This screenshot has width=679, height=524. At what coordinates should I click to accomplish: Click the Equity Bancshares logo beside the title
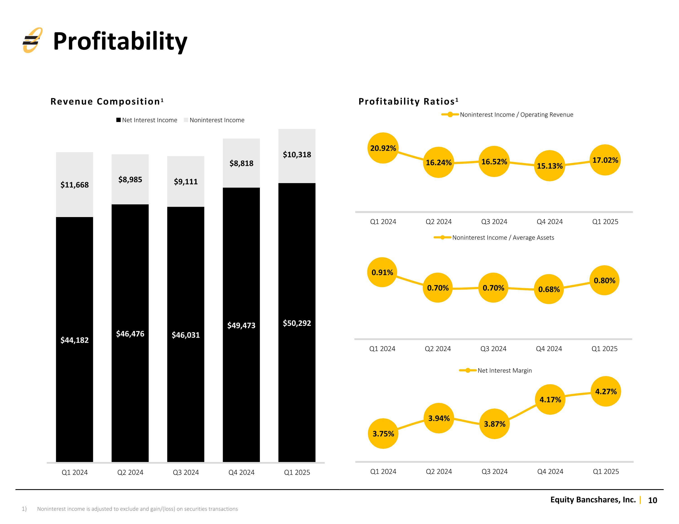pos(32,40)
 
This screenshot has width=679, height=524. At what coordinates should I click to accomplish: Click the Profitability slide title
pos(120,41)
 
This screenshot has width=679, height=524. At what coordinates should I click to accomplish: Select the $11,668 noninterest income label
pos(75,185)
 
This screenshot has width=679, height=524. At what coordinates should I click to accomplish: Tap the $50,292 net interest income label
pos(297,323)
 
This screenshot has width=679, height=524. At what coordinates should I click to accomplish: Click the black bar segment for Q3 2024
pos(186,334)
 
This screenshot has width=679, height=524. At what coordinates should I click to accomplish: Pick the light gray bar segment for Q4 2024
pos(241,163)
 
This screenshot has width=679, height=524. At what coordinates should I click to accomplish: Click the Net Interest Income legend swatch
pos(118,120)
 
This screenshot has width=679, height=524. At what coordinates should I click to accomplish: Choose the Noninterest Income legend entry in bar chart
pos(214,120)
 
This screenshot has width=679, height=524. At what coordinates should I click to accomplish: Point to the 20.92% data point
pos(383,148)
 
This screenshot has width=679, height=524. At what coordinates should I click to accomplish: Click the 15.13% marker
pos(550,166)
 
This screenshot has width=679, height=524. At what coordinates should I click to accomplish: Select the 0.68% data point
pos(549,289)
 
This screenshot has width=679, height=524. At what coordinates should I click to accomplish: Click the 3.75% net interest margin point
pos(383,433)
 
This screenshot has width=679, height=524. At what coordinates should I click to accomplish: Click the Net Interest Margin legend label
pos(504,370)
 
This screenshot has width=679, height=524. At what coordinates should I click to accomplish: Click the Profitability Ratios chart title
pos(409,101)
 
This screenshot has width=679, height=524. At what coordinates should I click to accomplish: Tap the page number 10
pos(653,500)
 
